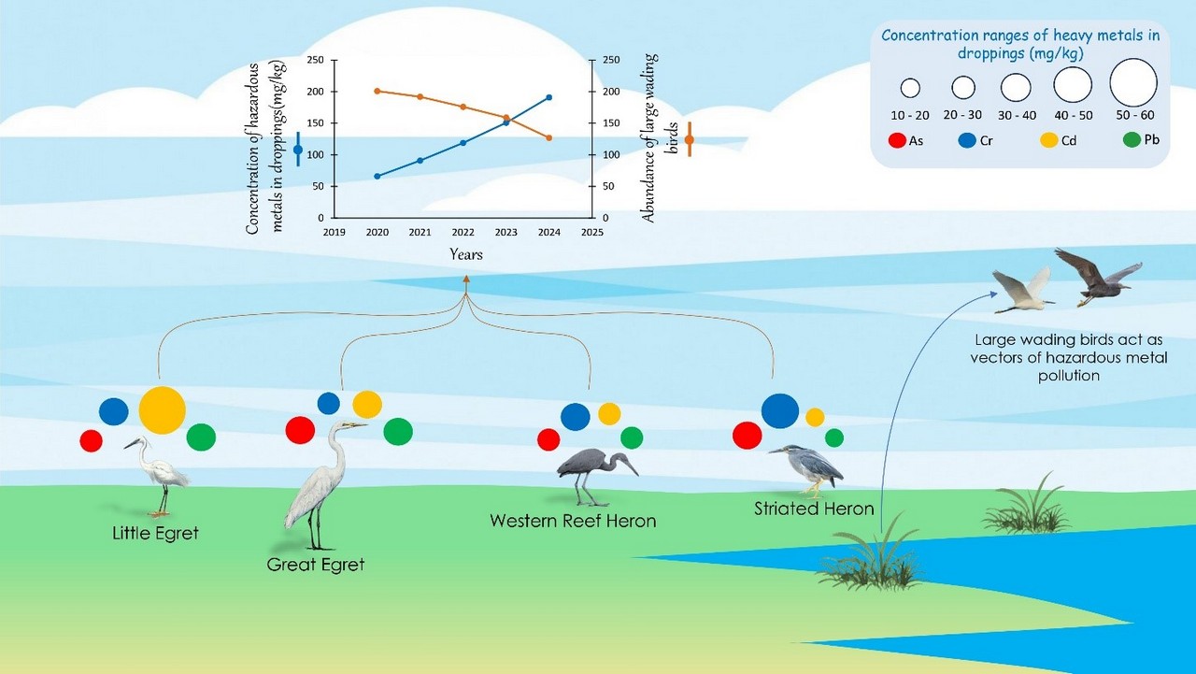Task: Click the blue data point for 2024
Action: [x=548, y=97]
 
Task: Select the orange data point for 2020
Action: [x=377, y=91]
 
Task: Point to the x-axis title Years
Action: [x=465, y=254]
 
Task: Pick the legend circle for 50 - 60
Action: [x=1133, y=82]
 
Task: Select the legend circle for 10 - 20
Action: [x=910, y=89]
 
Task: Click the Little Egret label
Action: [x=155, y=535]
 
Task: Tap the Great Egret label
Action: [x=316, y=565]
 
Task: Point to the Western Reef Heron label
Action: [x=573, y=521]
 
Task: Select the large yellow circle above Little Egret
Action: [x=163, y=409]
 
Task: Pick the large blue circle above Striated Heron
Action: [x=780, y=411]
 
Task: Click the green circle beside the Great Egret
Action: [x=398, y=431]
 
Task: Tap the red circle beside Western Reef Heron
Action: [x=548, y=439]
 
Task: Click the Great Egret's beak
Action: [x=358, y=426]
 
